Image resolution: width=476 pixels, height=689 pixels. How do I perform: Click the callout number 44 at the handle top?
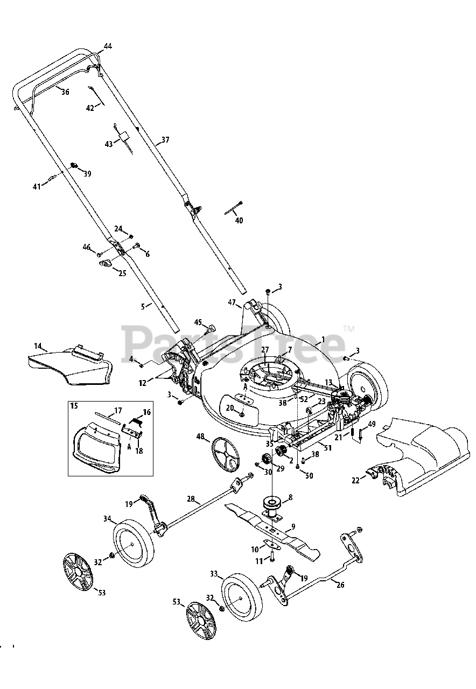pos(108,47)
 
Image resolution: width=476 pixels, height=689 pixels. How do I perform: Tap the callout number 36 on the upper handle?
pos(65,92)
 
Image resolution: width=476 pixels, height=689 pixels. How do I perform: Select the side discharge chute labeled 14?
pos(70,366)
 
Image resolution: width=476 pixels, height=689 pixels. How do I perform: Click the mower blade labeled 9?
pos(280,533)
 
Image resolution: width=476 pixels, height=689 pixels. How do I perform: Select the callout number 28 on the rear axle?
pos(191,499)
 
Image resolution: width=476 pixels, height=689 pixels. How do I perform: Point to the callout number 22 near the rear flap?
pos(355,481)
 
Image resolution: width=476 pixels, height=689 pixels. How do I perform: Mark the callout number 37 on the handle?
pos(165,140)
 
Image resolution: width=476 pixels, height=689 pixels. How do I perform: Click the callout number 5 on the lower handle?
pos(143,306)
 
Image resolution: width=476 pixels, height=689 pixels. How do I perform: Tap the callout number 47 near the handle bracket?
pos(232,303)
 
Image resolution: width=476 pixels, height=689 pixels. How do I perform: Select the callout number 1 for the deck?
pos(323,340)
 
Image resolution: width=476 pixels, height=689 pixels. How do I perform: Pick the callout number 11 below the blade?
pos(259,561)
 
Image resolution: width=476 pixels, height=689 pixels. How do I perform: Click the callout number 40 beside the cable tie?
pos(239,220)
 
